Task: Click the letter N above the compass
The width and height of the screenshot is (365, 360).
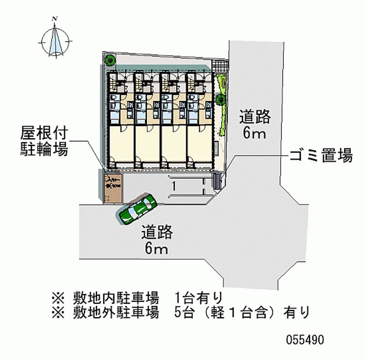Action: (55, 19)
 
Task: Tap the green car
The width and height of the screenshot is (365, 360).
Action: (137, 209)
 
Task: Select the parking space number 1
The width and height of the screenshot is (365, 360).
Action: (174, 186)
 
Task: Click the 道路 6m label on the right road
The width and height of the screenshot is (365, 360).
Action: (255, 125)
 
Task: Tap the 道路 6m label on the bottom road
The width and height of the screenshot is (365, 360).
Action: (156, 240)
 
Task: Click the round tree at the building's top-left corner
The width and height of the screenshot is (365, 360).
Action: (110, 60)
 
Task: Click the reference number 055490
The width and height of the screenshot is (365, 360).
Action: (305, 340)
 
